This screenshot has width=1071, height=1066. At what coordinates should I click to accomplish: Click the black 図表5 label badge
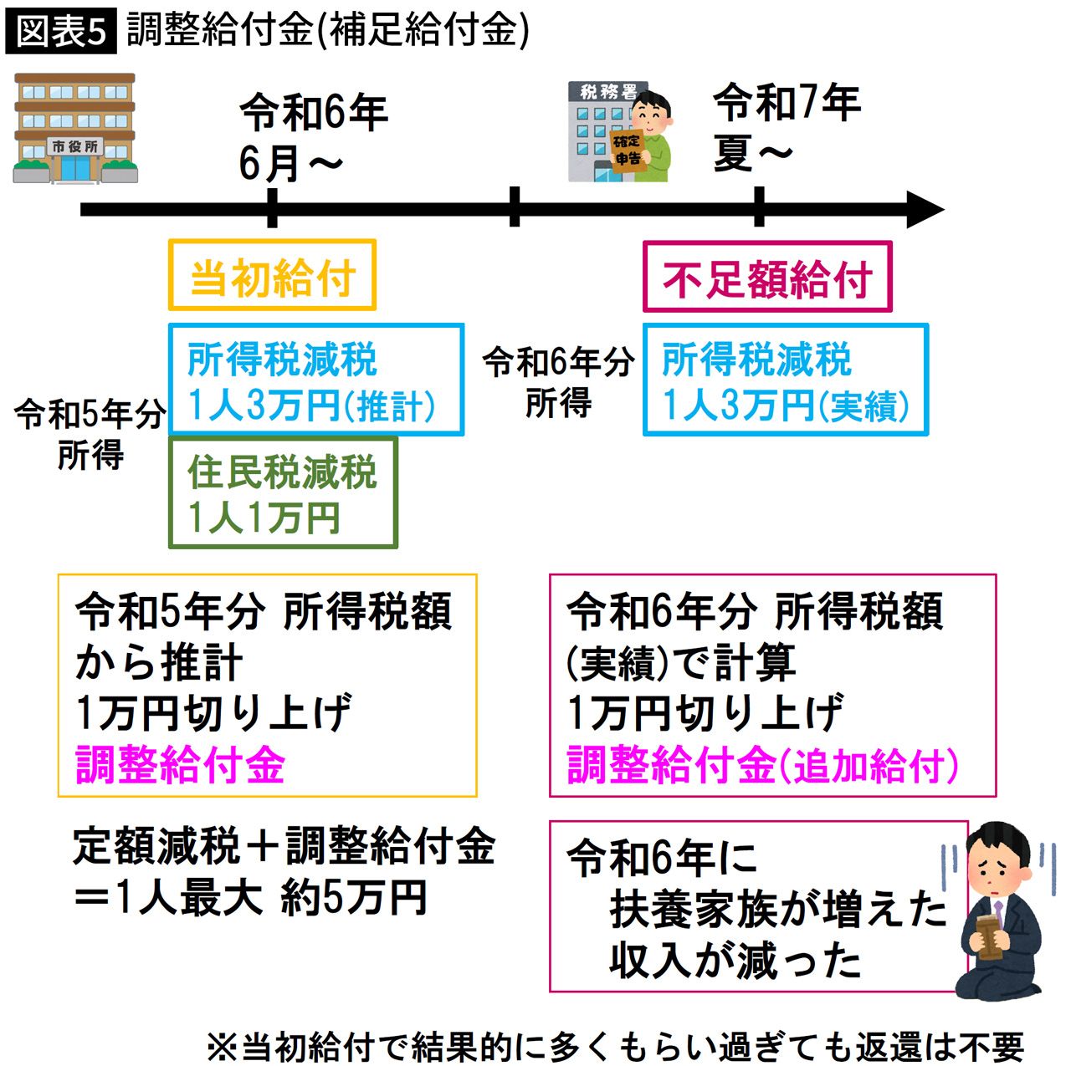[x=59, y=33]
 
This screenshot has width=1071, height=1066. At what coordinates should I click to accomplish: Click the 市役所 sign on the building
[x=75, y=147]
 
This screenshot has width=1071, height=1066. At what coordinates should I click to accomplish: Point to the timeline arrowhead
[x=924, y=209]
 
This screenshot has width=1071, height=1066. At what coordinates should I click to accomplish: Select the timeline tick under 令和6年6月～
[x=272, y=208]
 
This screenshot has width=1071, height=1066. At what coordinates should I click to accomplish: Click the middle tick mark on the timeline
[x=514, y=207]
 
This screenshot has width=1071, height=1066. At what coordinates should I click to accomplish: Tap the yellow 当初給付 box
[x=272, y=276]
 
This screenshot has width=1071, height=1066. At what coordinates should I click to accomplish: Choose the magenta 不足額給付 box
[x=767, y=278]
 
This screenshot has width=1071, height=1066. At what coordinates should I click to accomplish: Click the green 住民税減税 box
[x=283, y=493]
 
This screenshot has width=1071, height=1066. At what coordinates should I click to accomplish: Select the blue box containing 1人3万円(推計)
[x=315, y=380]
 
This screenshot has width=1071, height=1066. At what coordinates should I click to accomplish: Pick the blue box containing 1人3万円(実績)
[x=785, y=380]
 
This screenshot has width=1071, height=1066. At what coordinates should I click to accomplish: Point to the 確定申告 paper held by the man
[x=628, y=150]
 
